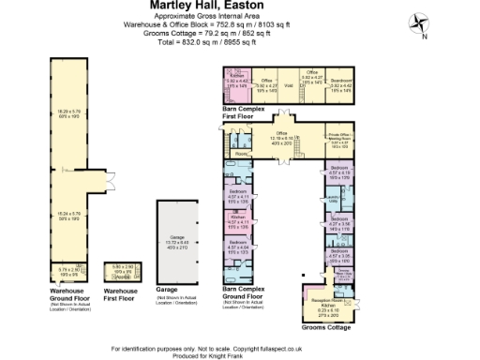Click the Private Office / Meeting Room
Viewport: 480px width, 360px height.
point(339,141)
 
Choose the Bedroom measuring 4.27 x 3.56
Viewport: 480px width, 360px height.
point(339,224)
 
